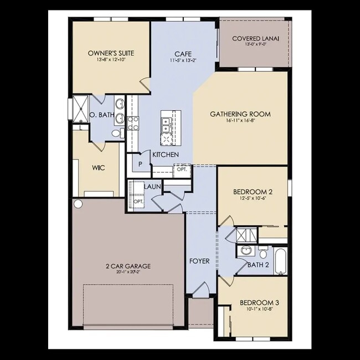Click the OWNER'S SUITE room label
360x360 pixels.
click(111, 53)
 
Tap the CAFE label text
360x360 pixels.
click(183, 53)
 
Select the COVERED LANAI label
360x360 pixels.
click(255, 38)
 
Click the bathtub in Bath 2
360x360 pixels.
click(280, 262)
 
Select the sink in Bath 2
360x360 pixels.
click(247, 250)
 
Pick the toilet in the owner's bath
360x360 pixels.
click(116, 133)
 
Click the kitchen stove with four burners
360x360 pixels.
click(133, 122)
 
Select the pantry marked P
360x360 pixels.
click(140, 164)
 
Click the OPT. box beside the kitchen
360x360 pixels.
click(181, 170)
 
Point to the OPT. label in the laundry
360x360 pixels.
click(138, 201)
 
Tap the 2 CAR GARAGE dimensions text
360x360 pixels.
click(128, 273)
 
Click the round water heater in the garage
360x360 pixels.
click(78, 204)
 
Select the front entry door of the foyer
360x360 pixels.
click(203, 289)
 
